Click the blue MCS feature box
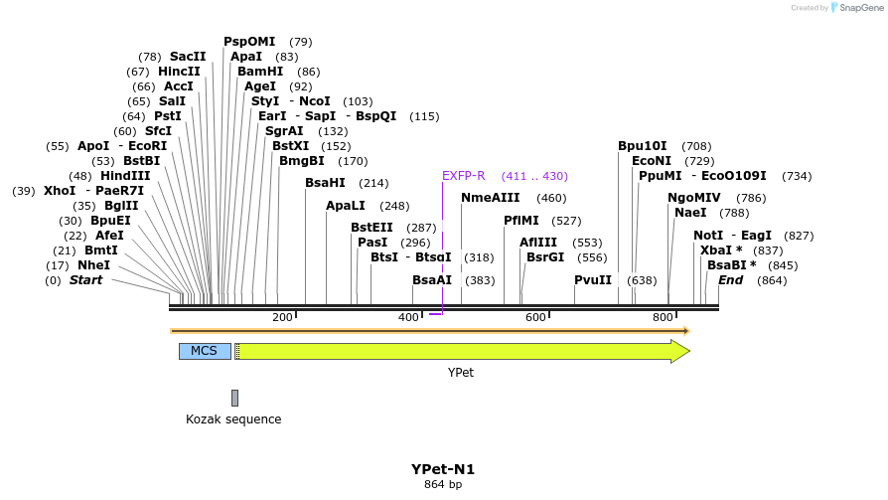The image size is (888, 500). pyautogui.click(x=205, y=351)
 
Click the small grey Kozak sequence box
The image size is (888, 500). pyautogui.click(x=234, y=398)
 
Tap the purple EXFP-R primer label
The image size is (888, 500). pyautogui.click(x=463, y=176)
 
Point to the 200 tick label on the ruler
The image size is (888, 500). pyautogui.click(x=282, y=317)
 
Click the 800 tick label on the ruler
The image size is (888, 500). pyautogui.click(x=663, y=317)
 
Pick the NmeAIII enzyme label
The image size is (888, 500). pyautogui.click(x=491, y=198)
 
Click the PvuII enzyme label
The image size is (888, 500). pyautogui.click(x=593, y=280)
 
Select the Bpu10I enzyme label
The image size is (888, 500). pyautogui.click(x=643, y=146)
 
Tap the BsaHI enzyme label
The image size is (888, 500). pyautogui.click(x=325, y=183)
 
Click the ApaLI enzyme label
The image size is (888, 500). pyautogui.click(x=346, y=206)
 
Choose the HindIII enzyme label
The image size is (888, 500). pyautogui.click(x=125, y=176)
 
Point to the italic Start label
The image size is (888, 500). pyautogui.click(x=85, y=280)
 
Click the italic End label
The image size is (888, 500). pyautogui.click(x=731, y=280)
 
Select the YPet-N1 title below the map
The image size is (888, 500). pyautogui.click(x=443, y=469)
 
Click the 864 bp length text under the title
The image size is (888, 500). pyautogui.click(x=443, y=485)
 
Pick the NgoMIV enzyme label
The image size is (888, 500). pyautogui.click(x=694, y=198)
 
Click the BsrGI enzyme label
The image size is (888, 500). pyautogui.click(x=545, y=257)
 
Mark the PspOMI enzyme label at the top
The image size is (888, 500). pyautogui.click(x=249, y=42)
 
